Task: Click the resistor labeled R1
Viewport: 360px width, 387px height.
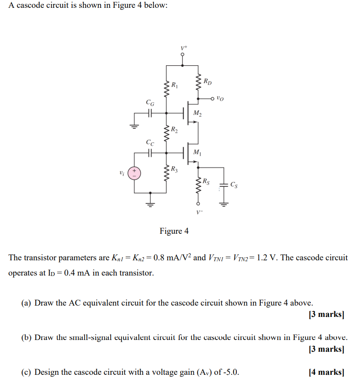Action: (166, 89)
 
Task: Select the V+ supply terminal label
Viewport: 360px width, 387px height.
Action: (183, 47)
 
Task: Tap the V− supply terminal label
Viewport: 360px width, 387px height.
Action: (199, 212)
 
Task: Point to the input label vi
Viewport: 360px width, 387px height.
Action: (121, 173)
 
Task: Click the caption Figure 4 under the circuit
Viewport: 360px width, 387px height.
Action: (174, 231)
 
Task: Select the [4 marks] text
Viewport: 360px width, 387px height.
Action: (326, 372)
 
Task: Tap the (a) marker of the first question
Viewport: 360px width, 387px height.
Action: (26, 303)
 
